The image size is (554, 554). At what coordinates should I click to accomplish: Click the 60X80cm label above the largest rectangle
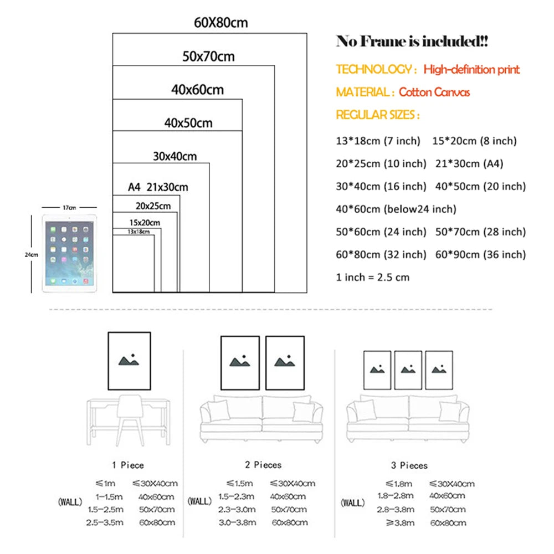coord(221,23)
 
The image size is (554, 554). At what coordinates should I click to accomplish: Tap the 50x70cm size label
coord(208,57)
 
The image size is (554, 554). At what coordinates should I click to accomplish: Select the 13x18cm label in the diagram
coord(138,232)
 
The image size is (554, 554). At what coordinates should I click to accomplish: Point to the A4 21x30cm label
coord(158,187)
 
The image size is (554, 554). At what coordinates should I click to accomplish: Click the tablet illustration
coord(69,253)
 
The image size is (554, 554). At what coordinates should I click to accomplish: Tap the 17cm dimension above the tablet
coord(69,207)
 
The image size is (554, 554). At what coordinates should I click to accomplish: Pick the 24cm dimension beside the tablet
coord(32,254)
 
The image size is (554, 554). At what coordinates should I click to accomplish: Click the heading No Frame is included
coord(412,42)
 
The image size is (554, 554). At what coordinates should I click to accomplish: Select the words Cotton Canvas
coord(434,92)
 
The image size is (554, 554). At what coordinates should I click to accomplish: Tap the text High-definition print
coord(471,69)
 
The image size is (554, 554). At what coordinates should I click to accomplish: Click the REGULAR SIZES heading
coord(378,115)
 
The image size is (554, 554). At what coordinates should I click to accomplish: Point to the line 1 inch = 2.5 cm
coord(373,278)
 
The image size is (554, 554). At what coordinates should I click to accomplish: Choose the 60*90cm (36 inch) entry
coord(480,255)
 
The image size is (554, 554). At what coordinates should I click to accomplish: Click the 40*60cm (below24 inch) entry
coord(396,209)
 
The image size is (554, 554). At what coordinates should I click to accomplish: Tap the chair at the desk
coord(130,420)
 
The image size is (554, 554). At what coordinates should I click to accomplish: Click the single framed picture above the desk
coord(129,361)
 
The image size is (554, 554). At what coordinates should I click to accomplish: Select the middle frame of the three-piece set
coord(408,370)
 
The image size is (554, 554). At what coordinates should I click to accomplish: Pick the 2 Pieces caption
coord(263,465)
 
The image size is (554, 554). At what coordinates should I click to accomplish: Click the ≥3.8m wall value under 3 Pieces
coord(400,522)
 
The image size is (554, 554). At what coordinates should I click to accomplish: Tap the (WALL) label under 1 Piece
coord(70,502)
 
